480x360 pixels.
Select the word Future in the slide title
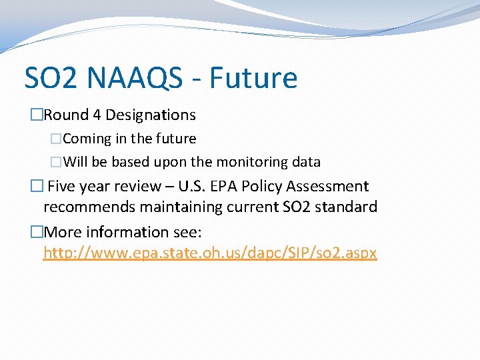click(x=253, y=78)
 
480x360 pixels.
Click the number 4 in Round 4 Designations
click(x=97, y=115)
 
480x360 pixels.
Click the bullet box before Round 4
click(x=36, y=115)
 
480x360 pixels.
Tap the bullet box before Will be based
click(x=56, y=162)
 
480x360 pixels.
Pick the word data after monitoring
click(x=306, y=162)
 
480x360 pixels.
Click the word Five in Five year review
click(x=63, y=187)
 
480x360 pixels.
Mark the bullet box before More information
click(x=36, y=233)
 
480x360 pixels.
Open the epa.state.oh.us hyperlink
click(x=210, y=253)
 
